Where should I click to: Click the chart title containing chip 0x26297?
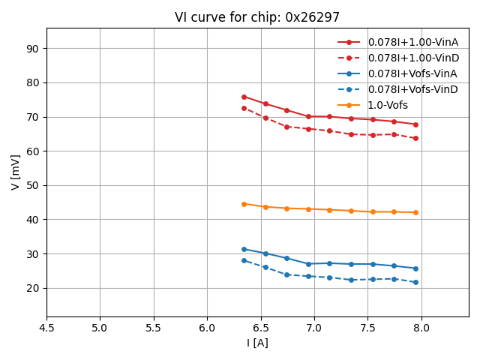pyautogui.click(x=257, y=17)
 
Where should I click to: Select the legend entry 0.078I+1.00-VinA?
pyautogui.click(x=412, y=42)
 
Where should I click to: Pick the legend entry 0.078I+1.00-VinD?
pyautogui.click(x=412, y=58)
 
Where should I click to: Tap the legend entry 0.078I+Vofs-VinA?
pyautogui.click(x=412, y=73)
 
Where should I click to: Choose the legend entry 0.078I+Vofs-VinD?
pyautogui.click(x=412, y=89)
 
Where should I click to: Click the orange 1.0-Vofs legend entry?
pyautogui.click(x=388, y=105)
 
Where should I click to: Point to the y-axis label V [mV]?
pyautogui.click(x=16, y=172)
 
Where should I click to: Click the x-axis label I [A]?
pyautogui.click(x=257, y=343)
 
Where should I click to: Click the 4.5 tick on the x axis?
pyautogui.click(x=46, y=328)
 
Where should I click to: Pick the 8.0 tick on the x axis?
pyautogui.click(x=421, y=328)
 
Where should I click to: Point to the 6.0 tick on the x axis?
pyautogui.click(x=207, y=328)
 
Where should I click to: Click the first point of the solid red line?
pyautogui.click(x=244, y=97)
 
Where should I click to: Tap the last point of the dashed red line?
pyautogui.click(x=415, y=138)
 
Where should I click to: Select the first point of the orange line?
pyautogui.click(x=244, y=204)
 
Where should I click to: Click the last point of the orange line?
pyautogui.click(x=415, y=212)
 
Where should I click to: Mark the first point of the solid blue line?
pyautogui.click(x=244, y=249)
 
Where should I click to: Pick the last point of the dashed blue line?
pyautogui.click(x=415, y=282)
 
